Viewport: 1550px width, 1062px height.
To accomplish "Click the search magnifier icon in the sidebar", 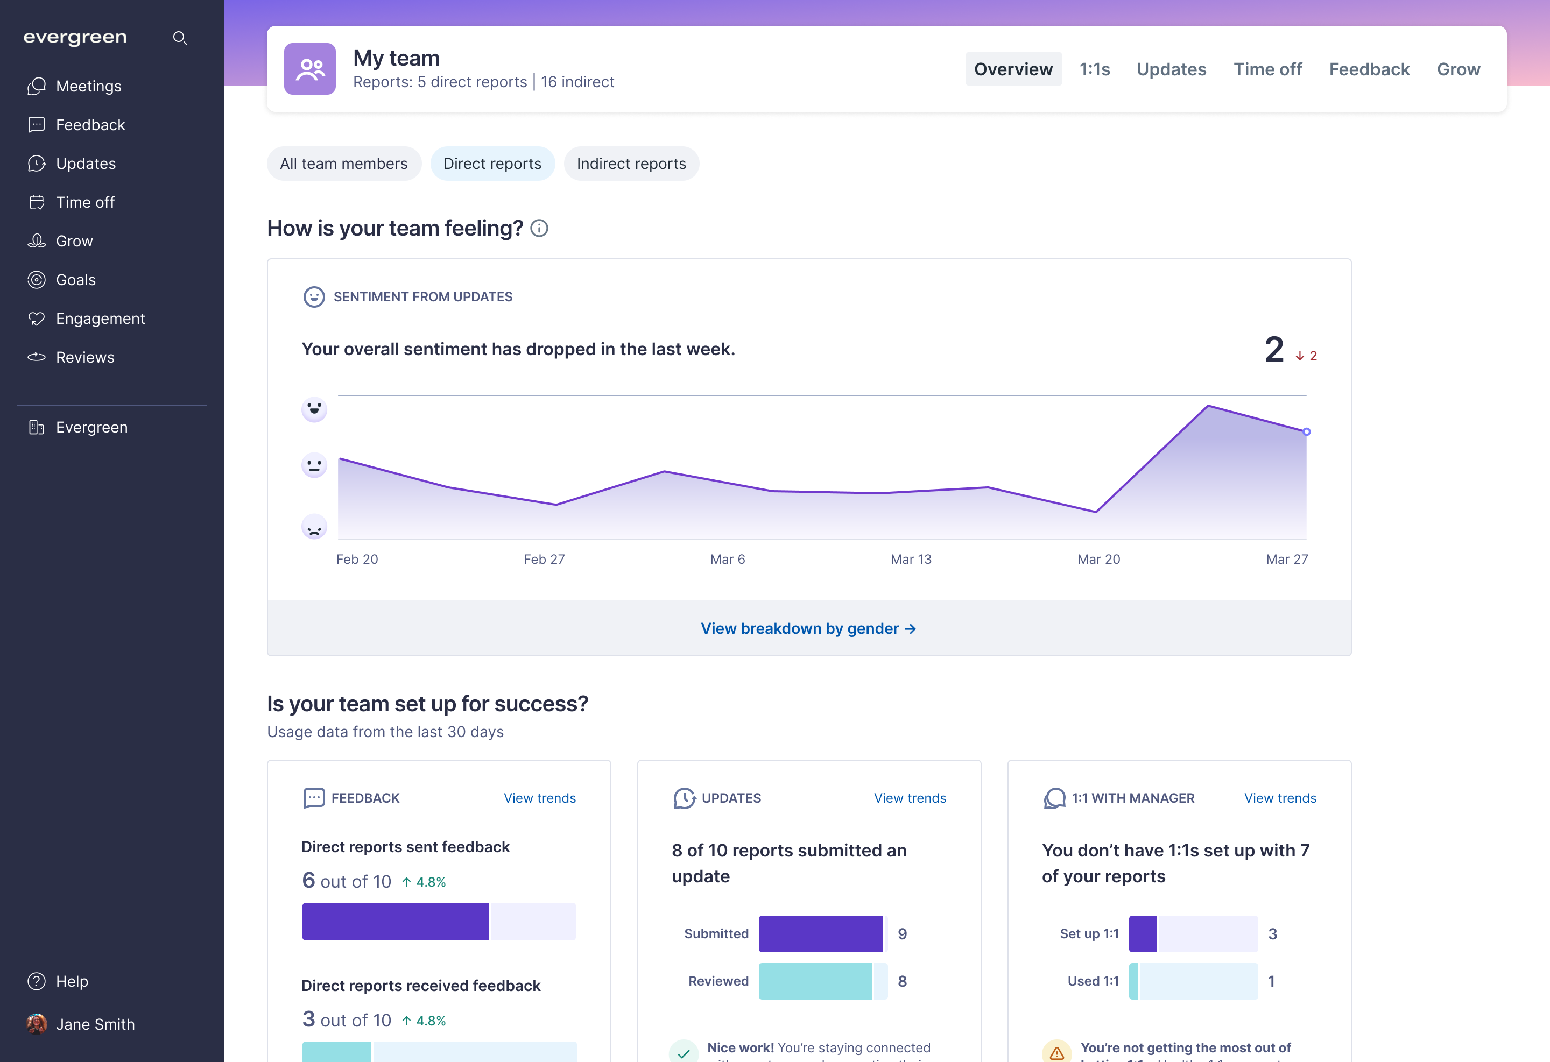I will pyautogui.click(x=179, y=38).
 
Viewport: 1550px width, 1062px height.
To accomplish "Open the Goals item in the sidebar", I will pyautogui.click(x=75, y=280).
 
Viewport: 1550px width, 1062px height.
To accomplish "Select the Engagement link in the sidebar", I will pyautogui.click(x=100, y=318).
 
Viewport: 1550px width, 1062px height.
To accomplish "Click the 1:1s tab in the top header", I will pyautogui.click(x=1095, y=69).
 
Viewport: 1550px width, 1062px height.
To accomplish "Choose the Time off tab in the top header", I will pyautogui.click(x=1267, y=69).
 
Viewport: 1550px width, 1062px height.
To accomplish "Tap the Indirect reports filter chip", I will pyautogui.click(x=631, y=164).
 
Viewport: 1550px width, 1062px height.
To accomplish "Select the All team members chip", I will pyautogui.click(x=343, y=164).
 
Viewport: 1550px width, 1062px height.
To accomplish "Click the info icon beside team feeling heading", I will pyautogui.click(x=539, y=229).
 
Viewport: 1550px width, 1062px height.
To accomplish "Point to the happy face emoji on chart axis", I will pyautogui.click(x=314, y=409).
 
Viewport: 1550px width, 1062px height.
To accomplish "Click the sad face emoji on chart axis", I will pyautogui.click(x=314, y=527).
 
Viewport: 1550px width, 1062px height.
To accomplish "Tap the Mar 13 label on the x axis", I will pyautogui.click(x=911, y=560).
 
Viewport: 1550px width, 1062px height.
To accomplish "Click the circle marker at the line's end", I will pyautogui.click(x=1307, y=432).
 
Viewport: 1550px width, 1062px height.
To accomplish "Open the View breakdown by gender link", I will pyautogui.click(x=808, y=629).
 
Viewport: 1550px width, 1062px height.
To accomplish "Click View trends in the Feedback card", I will pyautogui.click(x=540, y=798).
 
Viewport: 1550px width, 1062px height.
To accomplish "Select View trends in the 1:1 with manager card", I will pyautogui.click(x=1280, y=798).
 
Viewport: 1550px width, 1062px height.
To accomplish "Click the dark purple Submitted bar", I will pyautogui.click(x=820, y=933).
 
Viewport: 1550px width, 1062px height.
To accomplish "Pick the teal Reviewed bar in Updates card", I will pyautogui.click(x=815, y=981).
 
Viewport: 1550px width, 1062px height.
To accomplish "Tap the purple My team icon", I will pyautogui.click(x=310, y=69).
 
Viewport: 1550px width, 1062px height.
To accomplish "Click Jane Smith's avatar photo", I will pyautogui.click(x=37, y=1024).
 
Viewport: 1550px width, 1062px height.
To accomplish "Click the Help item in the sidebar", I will pyautogui.click(x=72, y=981).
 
